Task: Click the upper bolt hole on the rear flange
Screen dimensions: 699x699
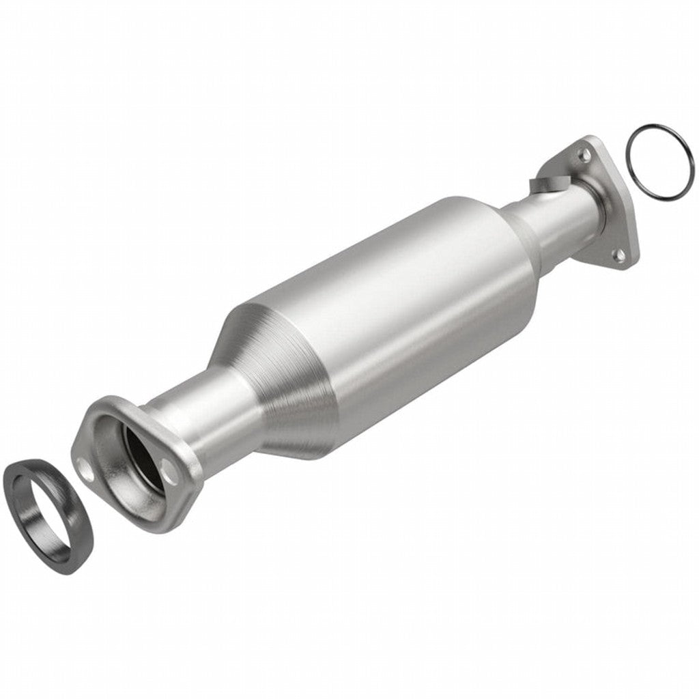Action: [x=584, y=156]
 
